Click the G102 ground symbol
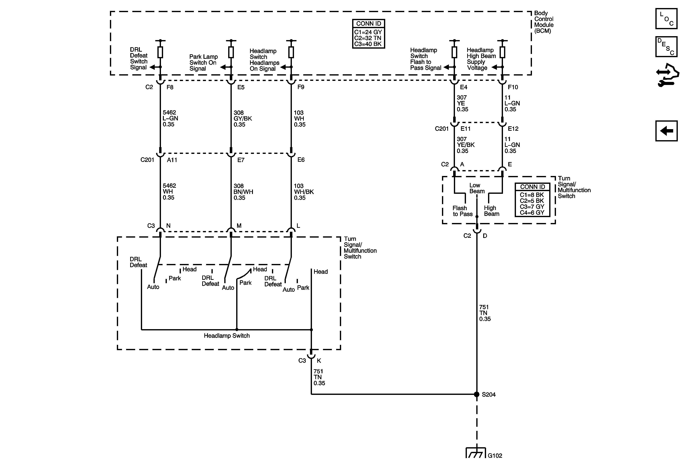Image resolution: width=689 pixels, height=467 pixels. pyautogui.click(x=476, y=453)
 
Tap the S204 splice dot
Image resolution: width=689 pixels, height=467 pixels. pyautogui.click(x=477, y=394)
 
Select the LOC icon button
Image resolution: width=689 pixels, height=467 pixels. pyautogui.click(x=666, y=19)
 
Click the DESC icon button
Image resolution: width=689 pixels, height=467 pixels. pyautogui.click(x=666, y=47)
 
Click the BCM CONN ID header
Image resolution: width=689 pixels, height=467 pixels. pyautogui.click(x=369, y=24)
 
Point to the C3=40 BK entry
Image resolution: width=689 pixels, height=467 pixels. pyautogui.click(x=368, y=44)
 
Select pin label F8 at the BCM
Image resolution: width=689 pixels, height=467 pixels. pyautogui.click(x=170, y=87)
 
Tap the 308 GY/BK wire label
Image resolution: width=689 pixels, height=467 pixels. pyautogui.click(x=243, y=118)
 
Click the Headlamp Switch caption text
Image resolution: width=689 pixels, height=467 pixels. pyautogui.click(x=227, y=336)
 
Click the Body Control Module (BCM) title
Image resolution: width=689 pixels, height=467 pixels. pyautogui.click(x=544, y=22)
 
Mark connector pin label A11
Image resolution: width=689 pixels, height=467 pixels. pyautogui.click(x=172, y=160)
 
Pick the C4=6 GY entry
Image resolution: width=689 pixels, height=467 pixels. pyautogui.click(x=532, y=212)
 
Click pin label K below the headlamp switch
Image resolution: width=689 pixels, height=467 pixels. pyautogui.click(x=319, y=361)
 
